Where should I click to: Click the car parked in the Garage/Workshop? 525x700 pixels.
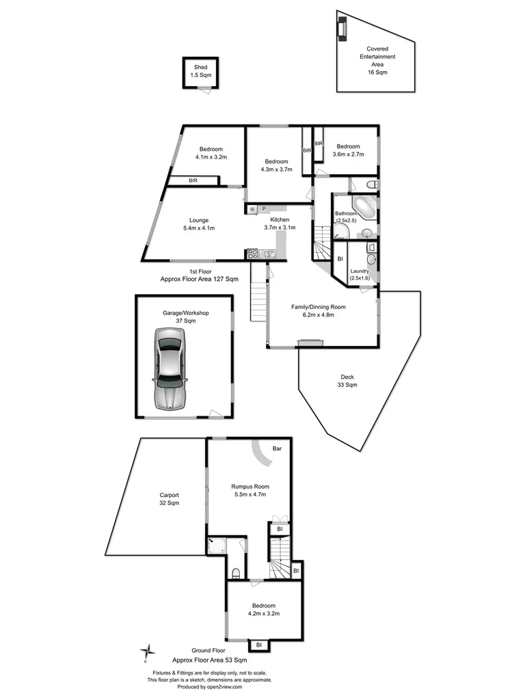170,368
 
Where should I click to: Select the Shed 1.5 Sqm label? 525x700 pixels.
200,71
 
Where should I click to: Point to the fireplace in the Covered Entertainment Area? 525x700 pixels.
342,29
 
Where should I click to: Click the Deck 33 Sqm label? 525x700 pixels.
347,381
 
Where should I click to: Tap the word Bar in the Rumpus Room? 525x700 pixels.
278,449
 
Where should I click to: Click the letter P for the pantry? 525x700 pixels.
263,208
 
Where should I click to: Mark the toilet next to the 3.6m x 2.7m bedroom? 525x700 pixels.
370,185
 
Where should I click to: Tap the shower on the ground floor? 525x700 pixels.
217,545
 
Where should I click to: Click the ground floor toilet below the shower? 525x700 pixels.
235,571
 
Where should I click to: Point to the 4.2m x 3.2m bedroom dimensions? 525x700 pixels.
263,614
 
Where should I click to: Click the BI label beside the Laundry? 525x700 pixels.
340,258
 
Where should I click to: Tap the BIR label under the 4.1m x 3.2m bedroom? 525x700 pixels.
193,180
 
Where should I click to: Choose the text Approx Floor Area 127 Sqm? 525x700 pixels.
199,279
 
